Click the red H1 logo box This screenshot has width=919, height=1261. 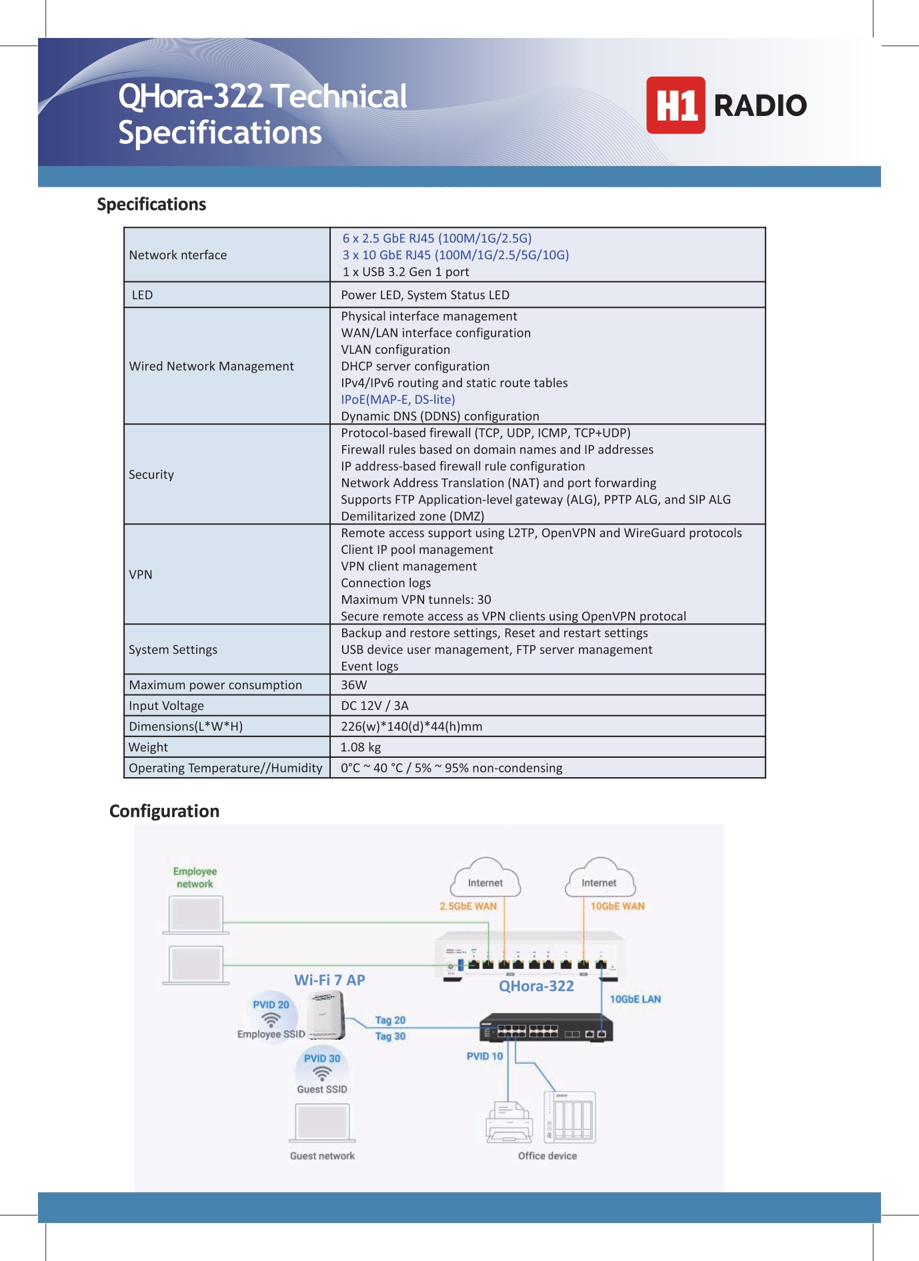(x=675, y=105)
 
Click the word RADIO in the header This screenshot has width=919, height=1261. (x=760, y=105)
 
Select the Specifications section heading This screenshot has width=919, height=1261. (x=151, y=204)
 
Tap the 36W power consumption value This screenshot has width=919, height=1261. (x=354, y=684)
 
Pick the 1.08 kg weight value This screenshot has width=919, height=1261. (x=361, y=747)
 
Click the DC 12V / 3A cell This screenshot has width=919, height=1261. (x=375, y=705)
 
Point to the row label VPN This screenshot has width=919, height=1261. (x=141, y=575)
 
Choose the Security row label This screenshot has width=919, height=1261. (x=151, y=475)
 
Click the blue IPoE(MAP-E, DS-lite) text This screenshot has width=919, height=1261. (x=398, y=399)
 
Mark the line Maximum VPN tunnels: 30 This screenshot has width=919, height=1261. (x=416, y=599)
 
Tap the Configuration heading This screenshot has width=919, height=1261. (x=164, y=811)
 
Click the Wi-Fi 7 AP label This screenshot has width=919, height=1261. (x=329, y=980)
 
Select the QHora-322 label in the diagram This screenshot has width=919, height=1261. (x=536, y=986)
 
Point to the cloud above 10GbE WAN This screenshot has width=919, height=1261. (x=600, y=879)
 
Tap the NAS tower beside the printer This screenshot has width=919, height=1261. (x=571, y=1117)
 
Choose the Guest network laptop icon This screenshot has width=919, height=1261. (x=323, y=1122)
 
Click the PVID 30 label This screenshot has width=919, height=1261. (x=322, y=1058)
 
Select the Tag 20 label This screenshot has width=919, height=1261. (x=390, y=1020)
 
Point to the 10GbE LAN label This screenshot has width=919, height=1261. (x=635, y=999)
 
